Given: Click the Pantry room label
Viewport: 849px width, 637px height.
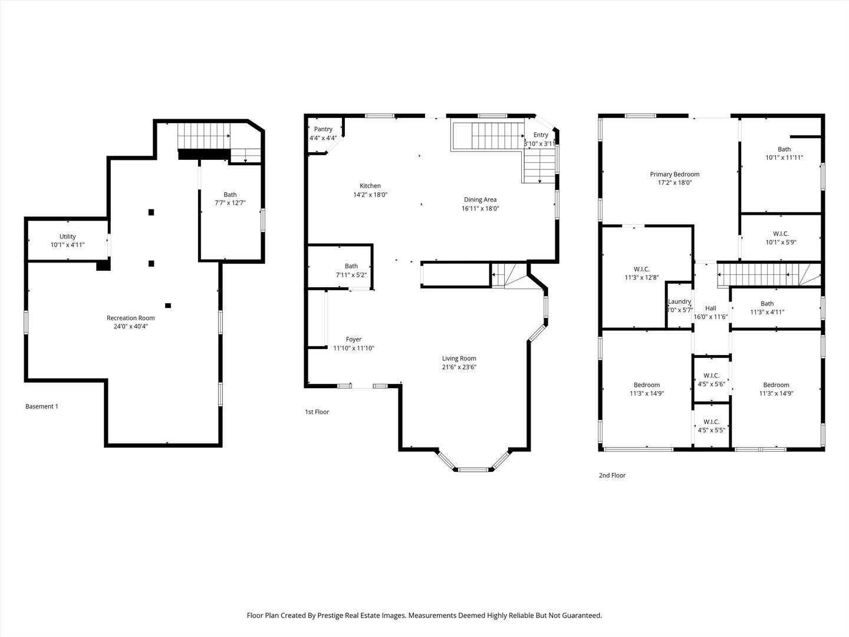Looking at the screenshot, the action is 323,129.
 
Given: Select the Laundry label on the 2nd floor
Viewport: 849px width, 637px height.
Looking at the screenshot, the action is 680,301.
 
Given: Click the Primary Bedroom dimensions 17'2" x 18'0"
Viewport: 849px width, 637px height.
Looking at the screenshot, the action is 674,183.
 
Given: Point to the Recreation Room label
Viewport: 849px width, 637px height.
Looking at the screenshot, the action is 131,318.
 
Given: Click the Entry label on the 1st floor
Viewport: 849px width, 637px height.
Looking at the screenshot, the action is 541,134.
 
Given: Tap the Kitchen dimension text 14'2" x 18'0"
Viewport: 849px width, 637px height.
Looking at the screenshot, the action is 370,195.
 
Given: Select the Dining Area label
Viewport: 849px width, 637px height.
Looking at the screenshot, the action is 481,199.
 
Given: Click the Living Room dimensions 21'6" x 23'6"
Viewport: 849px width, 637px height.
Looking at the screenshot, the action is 459,367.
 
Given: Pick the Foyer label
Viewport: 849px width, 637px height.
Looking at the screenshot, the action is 354,339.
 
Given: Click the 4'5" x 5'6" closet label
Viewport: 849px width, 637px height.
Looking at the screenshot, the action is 711,384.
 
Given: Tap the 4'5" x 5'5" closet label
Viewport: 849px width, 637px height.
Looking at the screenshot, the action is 711,430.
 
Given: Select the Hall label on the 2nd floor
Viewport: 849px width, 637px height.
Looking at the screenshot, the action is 710,308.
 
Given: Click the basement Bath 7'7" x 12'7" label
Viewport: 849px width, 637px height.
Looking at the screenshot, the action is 230,199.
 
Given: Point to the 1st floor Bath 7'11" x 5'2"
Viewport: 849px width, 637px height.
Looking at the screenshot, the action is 351,270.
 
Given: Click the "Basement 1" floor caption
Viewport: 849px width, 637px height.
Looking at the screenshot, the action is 42,406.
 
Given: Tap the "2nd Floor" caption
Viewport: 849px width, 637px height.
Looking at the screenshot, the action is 612,475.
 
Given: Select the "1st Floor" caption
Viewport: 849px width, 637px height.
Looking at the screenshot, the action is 317,412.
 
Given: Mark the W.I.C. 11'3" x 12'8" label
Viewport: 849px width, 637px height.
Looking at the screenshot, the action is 641,273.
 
